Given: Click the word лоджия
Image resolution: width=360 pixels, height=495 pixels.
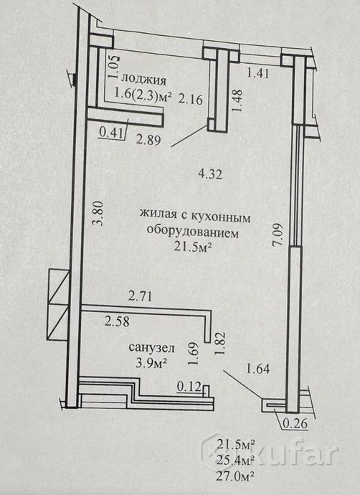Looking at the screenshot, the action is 144,80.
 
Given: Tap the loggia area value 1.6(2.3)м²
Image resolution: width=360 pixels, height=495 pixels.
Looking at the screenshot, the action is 143,94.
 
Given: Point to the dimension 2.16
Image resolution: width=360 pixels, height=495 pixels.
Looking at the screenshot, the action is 190,100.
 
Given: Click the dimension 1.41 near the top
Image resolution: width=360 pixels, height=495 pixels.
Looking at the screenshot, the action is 258,73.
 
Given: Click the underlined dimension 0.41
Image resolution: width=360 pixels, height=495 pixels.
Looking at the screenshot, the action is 110,133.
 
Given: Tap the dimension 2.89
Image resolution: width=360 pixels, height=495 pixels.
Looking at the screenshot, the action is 148,140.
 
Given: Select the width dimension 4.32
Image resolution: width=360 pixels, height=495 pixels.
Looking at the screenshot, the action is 210,174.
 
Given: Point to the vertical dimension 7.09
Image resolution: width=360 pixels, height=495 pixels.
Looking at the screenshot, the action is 279,235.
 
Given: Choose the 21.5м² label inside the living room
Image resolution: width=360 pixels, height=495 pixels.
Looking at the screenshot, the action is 193,247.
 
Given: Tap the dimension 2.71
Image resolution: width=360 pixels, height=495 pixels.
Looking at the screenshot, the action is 141,297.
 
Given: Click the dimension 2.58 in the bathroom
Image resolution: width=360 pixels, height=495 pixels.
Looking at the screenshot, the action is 117,321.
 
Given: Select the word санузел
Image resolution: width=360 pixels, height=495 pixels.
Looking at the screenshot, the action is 151,348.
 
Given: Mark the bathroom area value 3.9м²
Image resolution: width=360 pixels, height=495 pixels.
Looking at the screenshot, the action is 151,363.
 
